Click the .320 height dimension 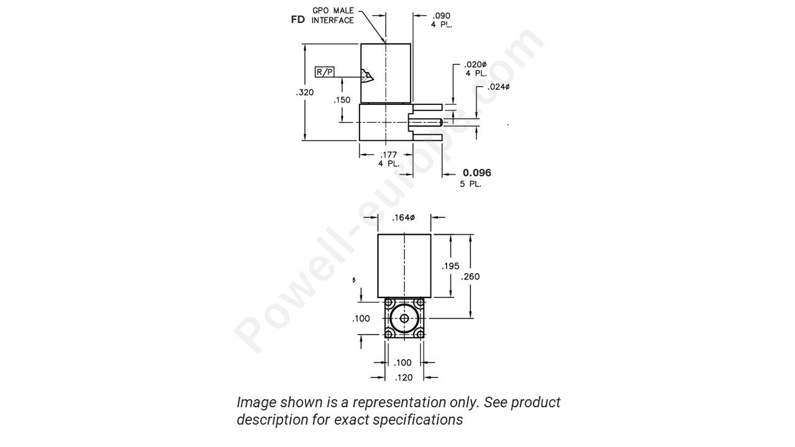pyautogui.click(x=305, y=93)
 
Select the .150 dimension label pyautogui.click(x=342, y=99)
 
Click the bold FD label pyautogui.click(x=298, y=20)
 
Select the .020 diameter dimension pyautogui.click(x=476, y=65)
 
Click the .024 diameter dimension pyautogui.click(x=498, y=87)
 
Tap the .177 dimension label pyautogui.click(x=389, y=155)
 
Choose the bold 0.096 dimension pyautogui.click(x=476, y=173)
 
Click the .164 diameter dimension pyautogui.click(x=404, y=217)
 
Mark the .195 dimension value pyautogui.click(x=450, y=266)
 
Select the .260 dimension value pyautogui.click(x=470, y=277)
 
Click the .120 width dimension pyautogui.click(x=404, y=377)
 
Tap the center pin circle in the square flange pyautogui.click(x=404, y=318)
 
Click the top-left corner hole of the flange pyautogui.click(x=389, y=304)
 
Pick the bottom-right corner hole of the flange pyautogui.click(x=420, y=334)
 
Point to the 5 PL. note pyautogui.click(x=470, y=184)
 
